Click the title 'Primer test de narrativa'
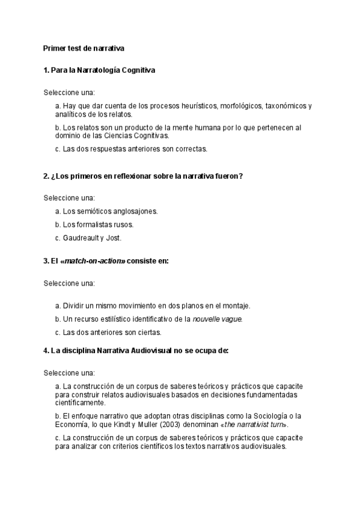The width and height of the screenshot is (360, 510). coord(84,48)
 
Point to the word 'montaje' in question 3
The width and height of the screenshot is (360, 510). coord(236,305)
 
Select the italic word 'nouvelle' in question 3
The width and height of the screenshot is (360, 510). coord(206,318)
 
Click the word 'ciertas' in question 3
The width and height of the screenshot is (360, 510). coord(150,331)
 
